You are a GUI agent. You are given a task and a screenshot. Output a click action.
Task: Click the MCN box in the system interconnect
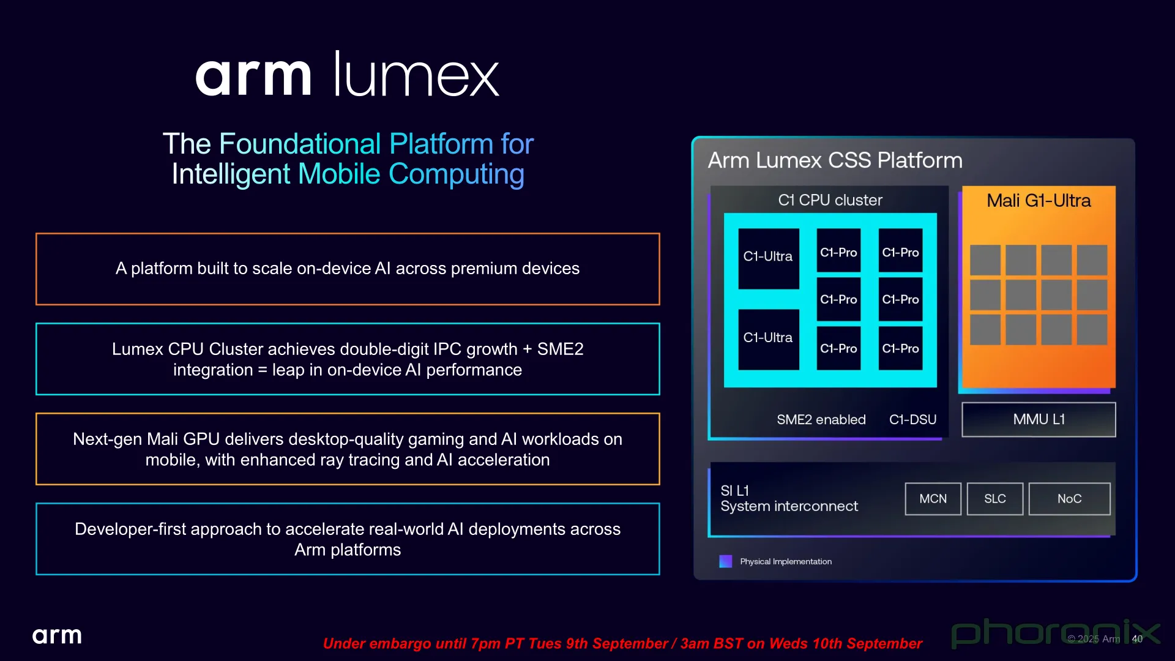(x=933, y=499)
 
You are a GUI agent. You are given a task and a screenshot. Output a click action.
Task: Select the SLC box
(x=995, y=499)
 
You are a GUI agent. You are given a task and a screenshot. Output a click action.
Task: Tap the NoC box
(x=1069, y=499)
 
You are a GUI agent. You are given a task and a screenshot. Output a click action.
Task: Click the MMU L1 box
(x=1039, y=419)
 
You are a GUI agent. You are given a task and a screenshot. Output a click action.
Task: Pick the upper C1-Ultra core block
(x=769, y=258)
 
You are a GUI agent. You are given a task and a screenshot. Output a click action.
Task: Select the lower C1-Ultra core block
(x=769, y=339)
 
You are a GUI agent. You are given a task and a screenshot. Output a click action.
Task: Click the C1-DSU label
(x=912, y=419)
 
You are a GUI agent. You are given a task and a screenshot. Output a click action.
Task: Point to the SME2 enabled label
(x=821, y=419)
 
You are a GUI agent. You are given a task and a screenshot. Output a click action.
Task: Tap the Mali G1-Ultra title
(x=1039, y=201)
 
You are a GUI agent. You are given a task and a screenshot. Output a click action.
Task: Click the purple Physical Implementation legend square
(x=726, y=561)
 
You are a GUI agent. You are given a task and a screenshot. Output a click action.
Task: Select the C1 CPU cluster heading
(x=830, y=200)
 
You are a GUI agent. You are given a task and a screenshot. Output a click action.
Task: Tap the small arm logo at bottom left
(x=57, y=636)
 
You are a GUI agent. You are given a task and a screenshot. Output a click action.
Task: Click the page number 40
(x=1137, y=639)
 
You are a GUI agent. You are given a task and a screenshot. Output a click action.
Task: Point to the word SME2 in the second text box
(x=560, y=349)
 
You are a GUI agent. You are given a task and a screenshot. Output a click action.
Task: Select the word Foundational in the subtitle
(x=300, y=144)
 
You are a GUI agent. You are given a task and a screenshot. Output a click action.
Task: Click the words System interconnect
(x=789, y=507)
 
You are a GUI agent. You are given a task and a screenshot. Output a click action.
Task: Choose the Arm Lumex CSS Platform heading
(x=835, y=160)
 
